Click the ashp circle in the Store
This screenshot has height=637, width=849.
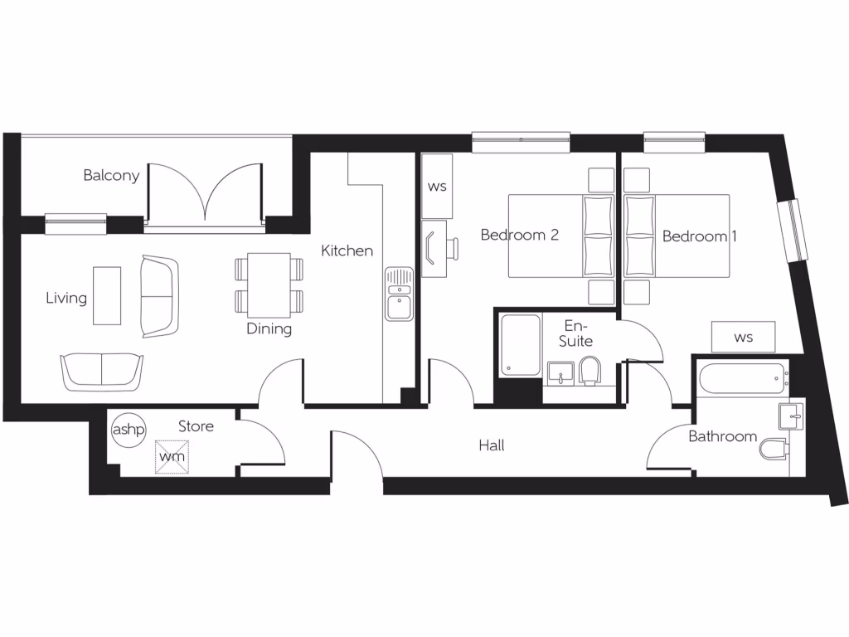pos(128,430)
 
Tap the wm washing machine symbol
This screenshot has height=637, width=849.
pos(172,456)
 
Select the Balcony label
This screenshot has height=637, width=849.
pos(111,176)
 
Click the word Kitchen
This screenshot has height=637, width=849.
pos(347,250)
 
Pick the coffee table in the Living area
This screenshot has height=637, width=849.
pos(106,295)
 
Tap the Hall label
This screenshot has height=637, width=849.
pos(492,445)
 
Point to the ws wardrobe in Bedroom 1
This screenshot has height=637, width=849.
pos(744,338)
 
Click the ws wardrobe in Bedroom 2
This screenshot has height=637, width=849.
pos(437,186)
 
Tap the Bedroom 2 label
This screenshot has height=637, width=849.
pos(520,235)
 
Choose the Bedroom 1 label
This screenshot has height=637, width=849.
pos(700,236)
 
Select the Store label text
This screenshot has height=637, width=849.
pos(196,426)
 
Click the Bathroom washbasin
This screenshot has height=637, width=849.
pos(792,416)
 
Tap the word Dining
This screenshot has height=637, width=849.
pos(269,329)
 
